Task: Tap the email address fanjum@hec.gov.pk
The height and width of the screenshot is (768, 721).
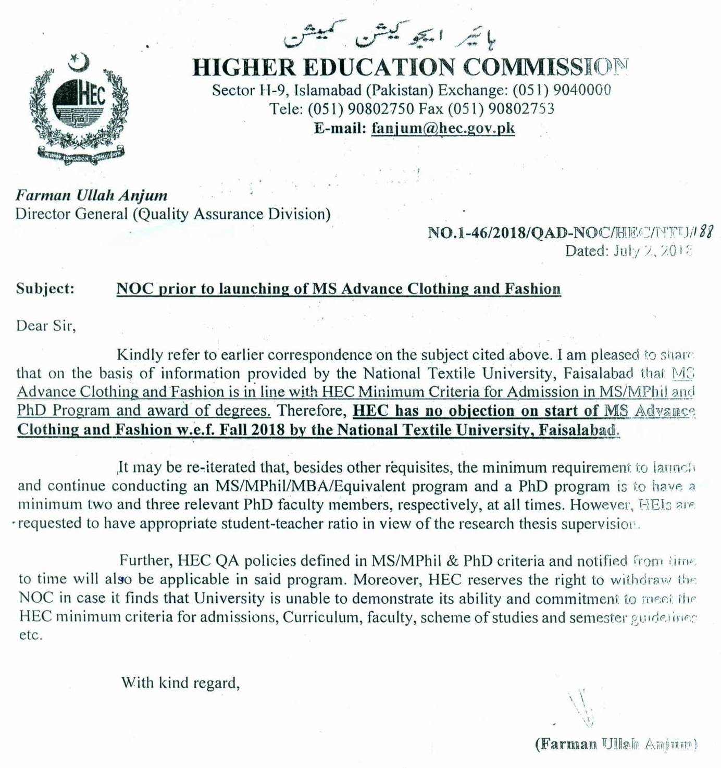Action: coord(443,128)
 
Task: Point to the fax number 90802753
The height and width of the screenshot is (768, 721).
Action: coord(520,109)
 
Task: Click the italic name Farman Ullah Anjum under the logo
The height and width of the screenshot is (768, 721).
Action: coord(91,195)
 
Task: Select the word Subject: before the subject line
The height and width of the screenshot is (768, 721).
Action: coord(45,288)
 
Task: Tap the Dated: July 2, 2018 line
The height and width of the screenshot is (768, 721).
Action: coord(628,251)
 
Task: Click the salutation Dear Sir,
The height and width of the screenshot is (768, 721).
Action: coord(46,326)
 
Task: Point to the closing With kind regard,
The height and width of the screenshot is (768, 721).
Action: coord(180,683)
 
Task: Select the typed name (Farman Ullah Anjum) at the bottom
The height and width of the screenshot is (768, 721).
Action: coord(616,744)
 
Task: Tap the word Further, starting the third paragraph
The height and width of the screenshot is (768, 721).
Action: coord(146,561)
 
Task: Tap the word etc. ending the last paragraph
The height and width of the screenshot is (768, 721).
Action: coord(30,636)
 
